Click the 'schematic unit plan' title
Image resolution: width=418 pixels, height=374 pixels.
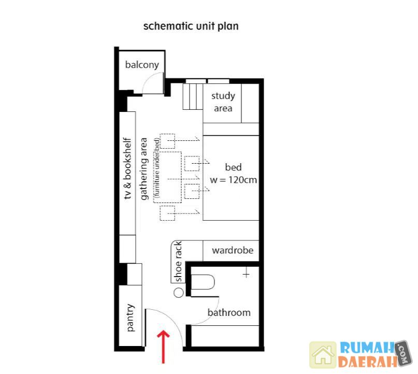(191, 26)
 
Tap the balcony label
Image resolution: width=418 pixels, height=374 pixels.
(142, 65)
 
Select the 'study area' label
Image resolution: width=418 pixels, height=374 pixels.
(223, 102)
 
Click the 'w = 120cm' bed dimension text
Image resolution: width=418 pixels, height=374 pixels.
(233, 180)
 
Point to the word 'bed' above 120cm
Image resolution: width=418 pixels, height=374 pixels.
(233, 167)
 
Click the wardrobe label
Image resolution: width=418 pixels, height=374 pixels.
(233, 250)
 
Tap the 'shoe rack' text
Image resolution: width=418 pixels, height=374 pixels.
(178, 262)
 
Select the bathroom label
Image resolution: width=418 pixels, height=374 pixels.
(229, 312)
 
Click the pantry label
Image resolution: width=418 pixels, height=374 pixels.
(131, 318)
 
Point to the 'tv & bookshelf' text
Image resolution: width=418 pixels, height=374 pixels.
(128, 168)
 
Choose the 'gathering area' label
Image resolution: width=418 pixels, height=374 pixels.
(143, 169)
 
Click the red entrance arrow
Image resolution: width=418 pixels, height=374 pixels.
(163, 347)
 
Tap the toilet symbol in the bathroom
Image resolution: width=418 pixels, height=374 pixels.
(203, 282)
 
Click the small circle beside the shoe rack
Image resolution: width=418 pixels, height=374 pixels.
(179, 293)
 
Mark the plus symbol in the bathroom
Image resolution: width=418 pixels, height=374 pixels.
(246, 274)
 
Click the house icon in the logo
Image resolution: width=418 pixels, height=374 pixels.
(323, 355)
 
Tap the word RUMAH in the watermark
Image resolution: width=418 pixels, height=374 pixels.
(367, 348)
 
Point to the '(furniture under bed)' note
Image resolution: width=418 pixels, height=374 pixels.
(157, 168)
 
